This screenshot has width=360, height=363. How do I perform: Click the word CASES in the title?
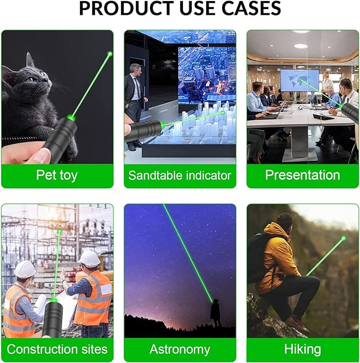click(251, 8)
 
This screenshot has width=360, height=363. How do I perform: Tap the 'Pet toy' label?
click(57, 175)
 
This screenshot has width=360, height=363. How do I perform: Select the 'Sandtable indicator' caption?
click(180, 175)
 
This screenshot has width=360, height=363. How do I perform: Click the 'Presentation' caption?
click(302, 175)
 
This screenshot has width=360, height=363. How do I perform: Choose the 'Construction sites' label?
click(57, 349)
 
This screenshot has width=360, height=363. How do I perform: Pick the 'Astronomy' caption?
click(180, 350)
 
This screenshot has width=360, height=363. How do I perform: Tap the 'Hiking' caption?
click(302, 350)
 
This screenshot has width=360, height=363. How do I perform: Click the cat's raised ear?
click(30, 60)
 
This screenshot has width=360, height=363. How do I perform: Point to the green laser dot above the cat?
click(110, 54)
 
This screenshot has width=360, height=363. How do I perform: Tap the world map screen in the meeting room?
click(300, 80)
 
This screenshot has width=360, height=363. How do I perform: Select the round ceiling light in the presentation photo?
click(301, 46)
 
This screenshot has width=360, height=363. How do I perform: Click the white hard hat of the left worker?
click(25, 269)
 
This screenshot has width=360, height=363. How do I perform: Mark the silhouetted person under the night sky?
click(215, 313)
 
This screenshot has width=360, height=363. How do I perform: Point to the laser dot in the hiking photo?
click(344, 238)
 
